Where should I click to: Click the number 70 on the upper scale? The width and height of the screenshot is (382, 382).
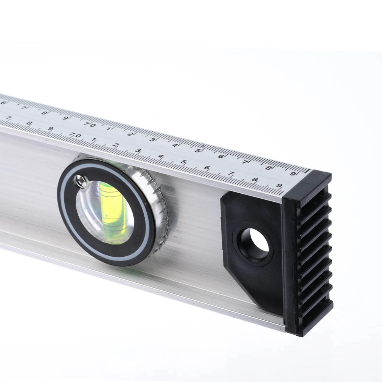(x=89, y=125)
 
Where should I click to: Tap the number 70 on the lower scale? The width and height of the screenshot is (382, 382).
(x=75, y=135)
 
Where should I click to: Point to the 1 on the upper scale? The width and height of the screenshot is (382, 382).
(x=108, y=129)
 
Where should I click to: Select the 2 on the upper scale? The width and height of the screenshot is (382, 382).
(x=130, y=134)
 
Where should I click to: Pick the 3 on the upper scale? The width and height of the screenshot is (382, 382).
(x=152, y=139)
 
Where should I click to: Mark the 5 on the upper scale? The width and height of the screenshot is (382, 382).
(x=198, y=151)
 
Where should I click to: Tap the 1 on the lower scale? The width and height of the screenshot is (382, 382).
(x=94, y=139)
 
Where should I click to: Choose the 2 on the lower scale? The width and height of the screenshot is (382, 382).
(x=116, y=145)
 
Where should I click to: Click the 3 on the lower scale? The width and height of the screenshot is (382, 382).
(x=138, y=151)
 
